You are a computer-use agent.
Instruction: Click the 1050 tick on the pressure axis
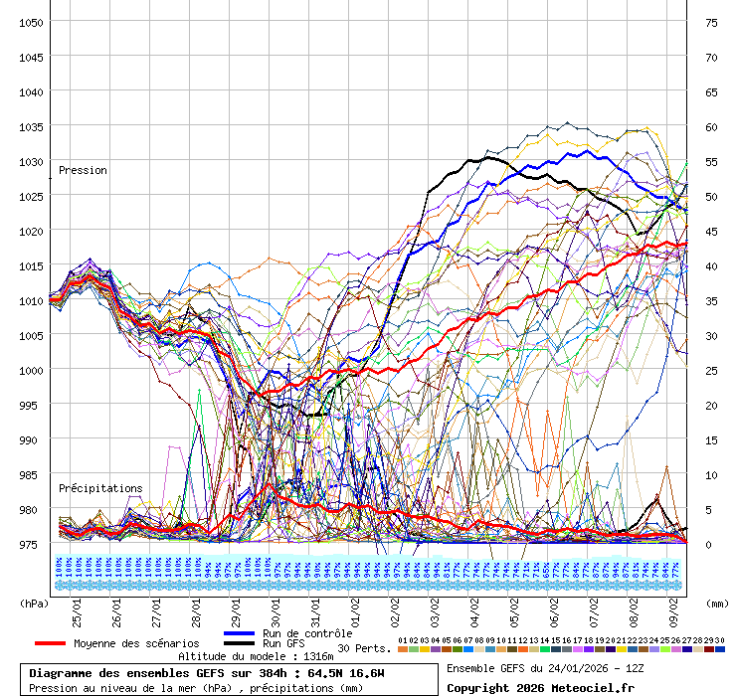(30, 22)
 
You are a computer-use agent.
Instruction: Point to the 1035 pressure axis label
(30, 126)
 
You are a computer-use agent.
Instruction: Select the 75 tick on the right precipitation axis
(711, 22)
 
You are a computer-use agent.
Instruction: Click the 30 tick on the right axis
(711, 335)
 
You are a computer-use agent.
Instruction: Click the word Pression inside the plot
(83, 170)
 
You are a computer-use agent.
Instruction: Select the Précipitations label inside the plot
(99, 488)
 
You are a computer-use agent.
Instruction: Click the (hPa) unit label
(34, 603)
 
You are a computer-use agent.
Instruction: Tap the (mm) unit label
(718, 603)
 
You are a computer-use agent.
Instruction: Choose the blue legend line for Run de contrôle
(239, 633)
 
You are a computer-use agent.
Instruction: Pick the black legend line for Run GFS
(239, 643)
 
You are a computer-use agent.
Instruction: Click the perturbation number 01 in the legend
(402, 640)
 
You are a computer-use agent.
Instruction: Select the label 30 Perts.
(364, 648)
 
